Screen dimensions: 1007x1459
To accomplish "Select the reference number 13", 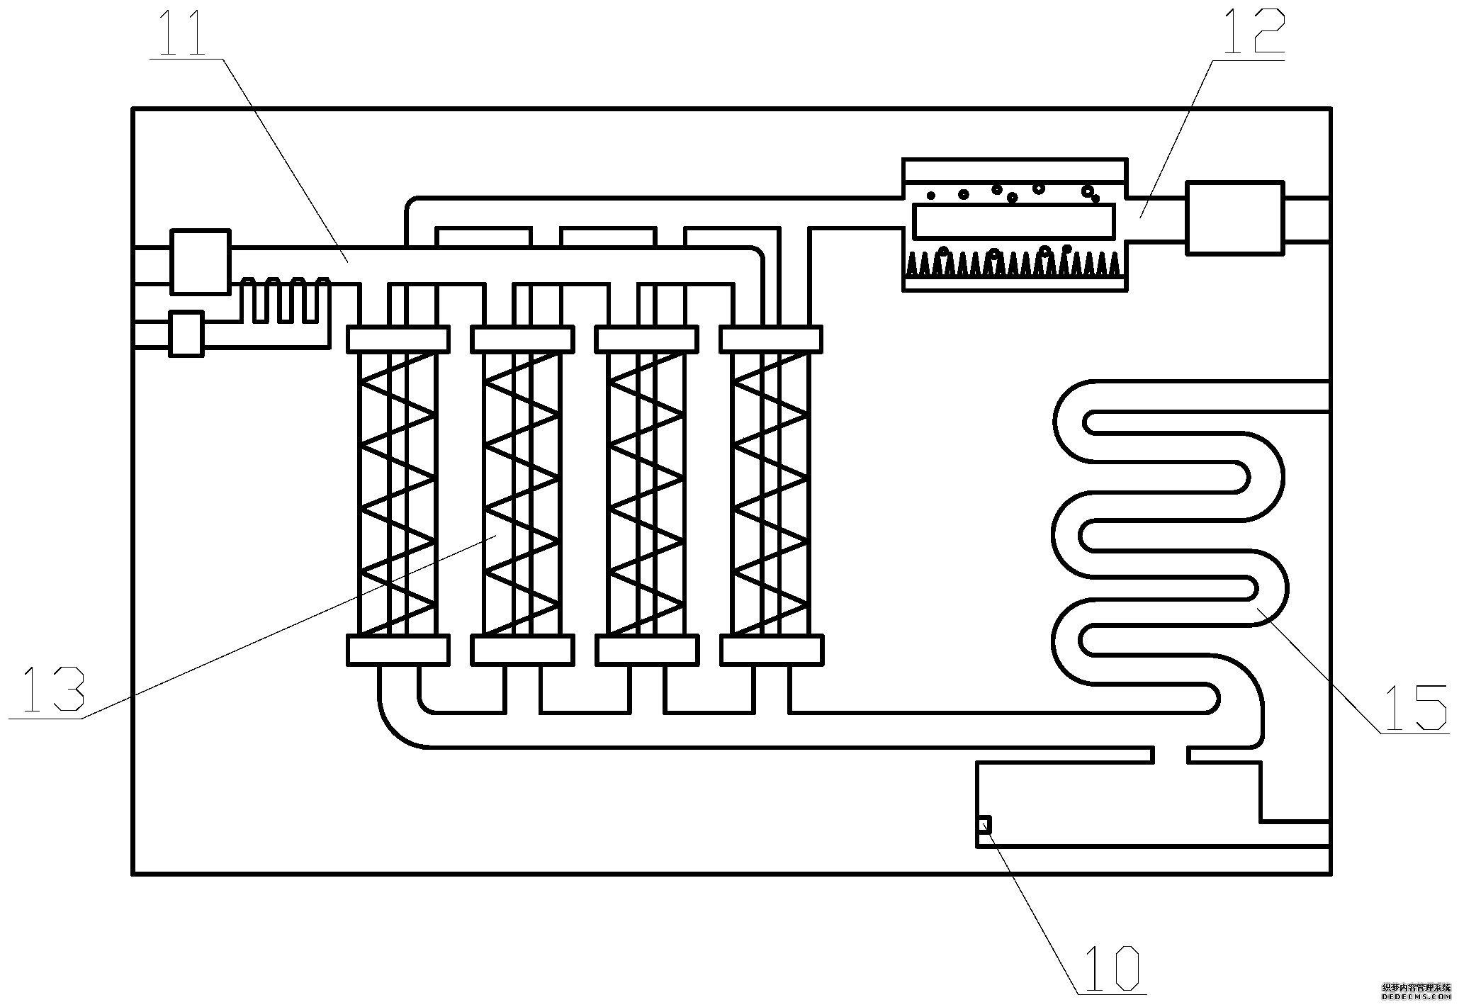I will coord(53,689).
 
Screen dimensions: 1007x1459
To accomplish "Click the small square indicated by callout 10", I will coord(984,825).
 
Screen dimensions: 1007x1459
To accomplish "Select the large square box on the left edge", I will coord(201,261).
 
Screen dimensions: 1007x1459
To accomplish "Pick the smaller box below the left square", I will coord(186,334).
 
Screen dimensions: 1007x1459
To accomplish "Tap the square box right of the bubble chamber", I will coord(1234,218).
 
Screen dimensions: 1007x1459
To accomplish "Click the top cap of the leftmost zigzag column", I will coord(398,339).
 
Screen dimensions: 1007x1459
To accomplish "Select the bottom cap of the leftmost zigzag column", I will coord(398,650).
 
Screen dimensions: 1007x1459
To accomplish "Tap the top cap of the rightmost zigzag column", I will coord(772,339).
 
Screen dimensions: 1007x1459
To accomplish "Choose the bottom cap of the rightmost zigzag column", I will coord(772,650).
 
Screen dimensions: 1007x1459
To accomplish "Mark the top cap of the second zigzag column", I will coord(522,339).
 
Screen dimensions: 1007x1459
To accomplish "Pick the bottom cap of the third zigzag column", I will coord(647,650).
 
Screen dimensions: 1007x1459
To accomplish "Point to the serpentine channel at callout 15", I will coord(1169,539).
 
